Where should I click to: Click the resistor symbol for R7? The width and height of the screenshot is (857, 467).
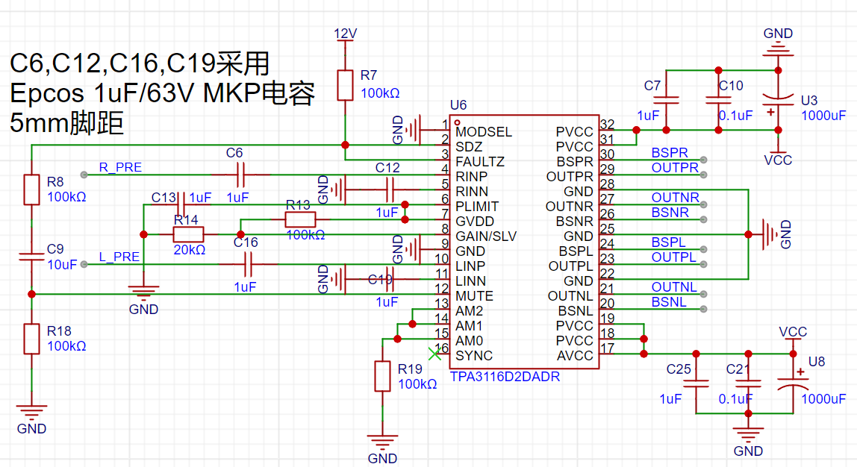point(345,85)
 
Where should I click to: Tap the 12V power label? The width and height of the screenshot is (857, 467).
point(345,34)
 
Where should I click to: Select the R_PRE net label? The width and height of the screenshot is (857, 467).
point(120,167)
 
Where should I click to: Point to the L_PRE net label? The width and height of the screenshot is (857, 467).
point(119,257)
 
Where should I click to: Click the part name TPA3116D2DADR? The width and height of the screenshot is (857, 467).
point(505,377)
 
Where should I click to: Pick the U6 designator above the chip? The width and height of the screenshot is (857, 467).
point(458,105)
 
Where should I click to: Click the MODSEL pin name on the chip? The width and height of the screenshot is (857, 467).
point(484,132)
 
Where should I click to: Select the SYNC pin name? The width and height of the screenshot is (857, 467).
point(474,356)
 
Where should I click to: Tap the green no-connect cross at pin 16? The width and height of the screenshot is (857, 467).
point(434,354)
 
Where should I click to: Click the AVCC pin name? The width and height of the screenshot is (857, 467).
point(575,356)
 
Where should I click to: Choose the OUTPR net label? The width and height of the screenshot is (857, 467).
point(675,168)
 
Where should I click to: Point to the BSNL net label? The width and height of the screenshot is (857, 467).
point(669,302)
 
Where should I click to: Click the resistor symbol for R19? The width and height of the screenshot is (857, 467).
point(382,376)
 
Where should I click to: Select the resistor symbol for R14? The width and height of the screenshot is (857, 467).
point(189,235)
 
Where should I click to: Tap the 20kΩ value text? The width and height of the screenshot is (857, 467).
point(189,250)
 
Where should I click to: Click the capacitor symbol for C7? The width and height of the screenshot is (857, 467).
point(666,101)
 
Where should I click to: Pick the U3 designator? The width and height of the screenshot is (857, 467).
point(809,101)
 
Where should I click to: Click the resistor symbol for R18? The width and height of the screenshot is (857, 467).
point(31,339)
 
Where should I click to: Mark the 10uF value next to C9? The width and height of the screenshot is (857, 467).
point(62,265)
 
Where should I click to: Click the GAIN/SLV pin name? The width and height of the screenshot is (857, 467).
point(486,236)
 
